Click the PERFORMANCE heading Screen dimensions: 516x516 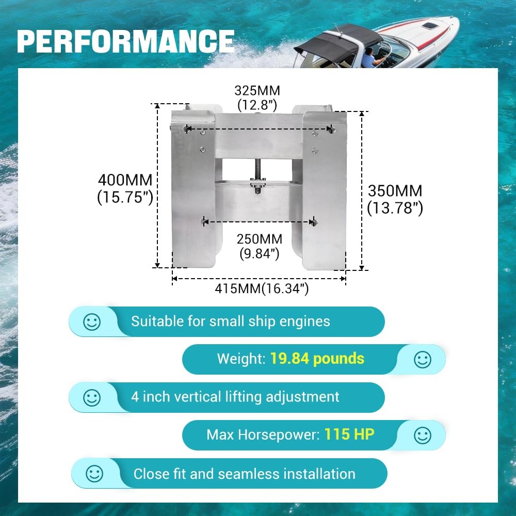coord(126,41)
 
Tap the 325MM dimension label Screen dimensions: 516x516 coord(257,90)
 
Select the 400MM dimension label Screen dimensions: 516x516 coord(125,180)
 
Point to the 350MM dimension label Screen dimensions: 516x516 coord(395,191)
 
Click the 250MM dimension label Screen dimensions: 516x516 coord(260,239)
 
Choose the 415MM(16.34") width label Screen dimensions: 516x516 coord(262,288)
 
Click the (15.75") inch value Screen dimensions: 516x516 coord(125,198)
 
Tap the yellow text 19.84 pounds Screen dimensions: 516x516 coord(317,359)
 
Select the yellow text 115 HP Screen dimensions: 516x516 coord(349,434)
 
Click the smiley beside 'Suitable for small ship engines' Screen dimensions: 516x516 coord(92,322)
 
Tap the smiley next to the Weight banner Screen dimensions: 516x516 coord(423,360)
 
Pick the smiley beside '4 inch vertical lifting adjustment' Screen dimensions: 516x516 coord(92,398)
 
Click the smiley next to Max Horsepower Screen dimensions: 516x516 coord(423,436)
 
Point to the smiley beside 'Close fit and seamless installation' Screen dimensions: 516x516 coord(94,474)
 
